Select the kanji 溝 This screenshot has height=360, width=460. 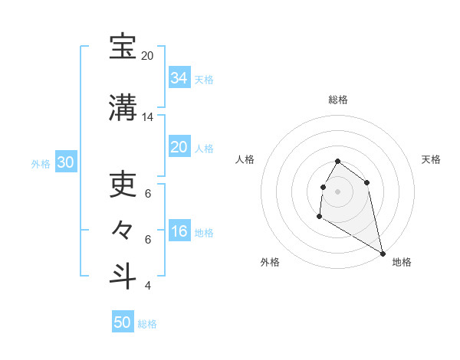tap(123, 107)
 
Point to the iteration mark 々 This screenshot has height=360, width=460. tap(123, 229)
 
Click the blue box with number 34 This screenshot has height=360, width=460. tap(179, 77)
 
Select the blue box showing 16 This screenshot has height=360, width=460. tap(179, 231)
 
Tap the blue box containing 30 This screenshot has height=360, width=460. tap(65, 162)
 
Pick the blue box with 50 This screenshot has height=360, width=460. tap(123, 322)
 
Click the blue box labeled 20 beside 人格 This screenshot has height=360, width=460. tap(179, 147)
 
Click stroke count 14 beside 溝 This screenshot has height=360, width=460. tap(148, 117)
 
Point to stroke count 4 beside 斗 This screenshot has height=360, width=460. tap(148, 286)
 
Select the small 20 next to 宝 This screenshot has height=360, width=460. tap(148, 56)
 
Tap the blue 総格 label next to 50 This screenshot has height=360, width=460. tap(147, 324)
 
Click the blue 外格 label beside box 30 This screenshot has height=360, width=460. tap(41, 163)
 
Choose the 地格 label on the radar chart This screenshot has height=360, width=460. tap(402, 262)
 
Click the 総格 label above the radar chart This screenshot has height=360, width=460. tap(338, 100)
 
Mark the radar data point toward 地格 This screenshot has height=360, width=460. tap(383, 253)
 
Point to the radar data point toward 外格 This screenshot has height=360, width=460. tap(319, 217)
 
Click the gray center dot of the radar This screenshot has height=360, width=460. tap(338, 191)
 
